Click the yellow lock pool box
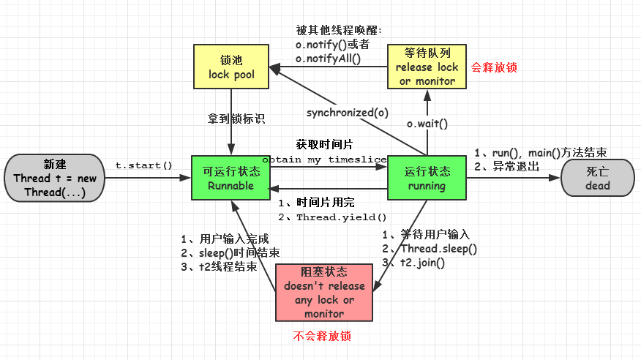click(x=230, y=67)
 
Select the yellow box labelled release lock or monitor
click(x=427, y=67)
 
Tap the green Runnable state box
click(x=230, y=179)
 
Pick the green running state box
click(x=427, y=179)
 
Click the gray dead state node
click(x=597, y=179)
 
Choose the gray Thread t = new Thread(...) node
click(x=55, y=179)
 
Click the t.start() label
click(x=143, y=165)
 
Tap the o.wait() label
click(x=427, y=124)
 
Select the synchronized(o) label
click(x=348, y=113)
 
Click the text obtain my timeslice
click(x=325, y=160)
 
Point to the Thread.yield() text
click(x=341, y=217)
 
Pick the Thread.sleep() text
click(x=437, y=249)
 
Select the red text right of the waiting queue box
click(x=495, y=67)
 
